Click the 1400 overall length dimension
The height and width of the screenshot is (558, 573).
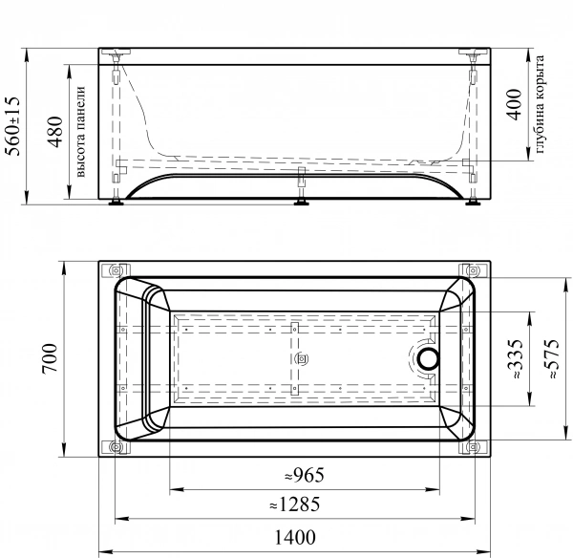coord(295,537)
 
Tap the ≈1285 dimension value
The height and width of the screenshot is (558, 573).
coord(295,504)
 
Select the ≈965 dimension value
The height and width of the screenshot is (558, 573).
coord(305,476)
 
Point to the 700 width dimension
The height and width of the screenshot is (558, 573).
coord(50,358)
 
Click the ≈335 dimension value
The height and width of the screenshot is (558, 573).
coord(516,359)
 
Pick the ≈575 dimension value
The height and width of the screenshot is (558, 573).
coord(551,359)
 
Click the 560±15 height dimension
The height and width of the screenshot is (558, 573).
coord(12,126)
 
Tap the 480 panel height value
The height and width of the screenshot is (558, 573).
coord(55,132)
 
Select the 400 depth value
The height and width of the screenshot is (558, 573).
coord(514,104)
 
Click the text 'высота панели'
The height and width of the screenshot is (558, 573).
coord(80,132)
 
